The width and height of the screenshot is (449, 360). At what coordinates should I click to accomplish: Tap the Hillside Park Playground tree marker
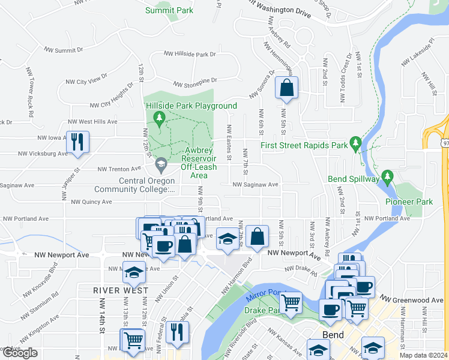click(x=159, y=118)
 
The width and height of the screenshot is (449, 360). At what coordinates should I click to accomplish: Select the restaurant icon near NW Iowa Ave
click(x=77, y=142)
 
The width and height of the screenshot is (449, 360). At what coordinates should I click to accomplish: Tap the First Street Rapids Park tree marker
click(x=356, y=145)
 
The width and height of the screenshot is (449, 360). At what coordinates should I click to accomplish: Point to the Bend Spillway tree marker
click(x=387, y=178)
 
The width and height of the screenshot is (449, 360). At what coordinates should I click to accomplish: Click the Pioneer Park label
click(x=409, y=202)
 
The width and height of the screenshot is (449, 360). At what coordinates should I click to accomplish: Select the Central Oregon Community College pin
click(x=161, y=164)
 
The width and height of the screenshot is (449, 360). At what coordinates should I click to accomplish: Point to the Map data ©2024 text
click(x=423, y=355)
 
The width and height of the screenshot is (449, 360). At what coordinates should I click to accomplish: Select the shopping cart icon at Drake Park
click(x=291, y=301)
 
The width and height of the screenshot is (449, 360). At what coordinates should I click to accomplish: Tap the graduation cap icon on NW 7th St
click(x=226, y=239)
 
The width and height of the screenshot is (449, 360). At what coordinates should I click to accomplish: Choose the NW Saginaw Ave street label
click(x=256, y=185)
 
